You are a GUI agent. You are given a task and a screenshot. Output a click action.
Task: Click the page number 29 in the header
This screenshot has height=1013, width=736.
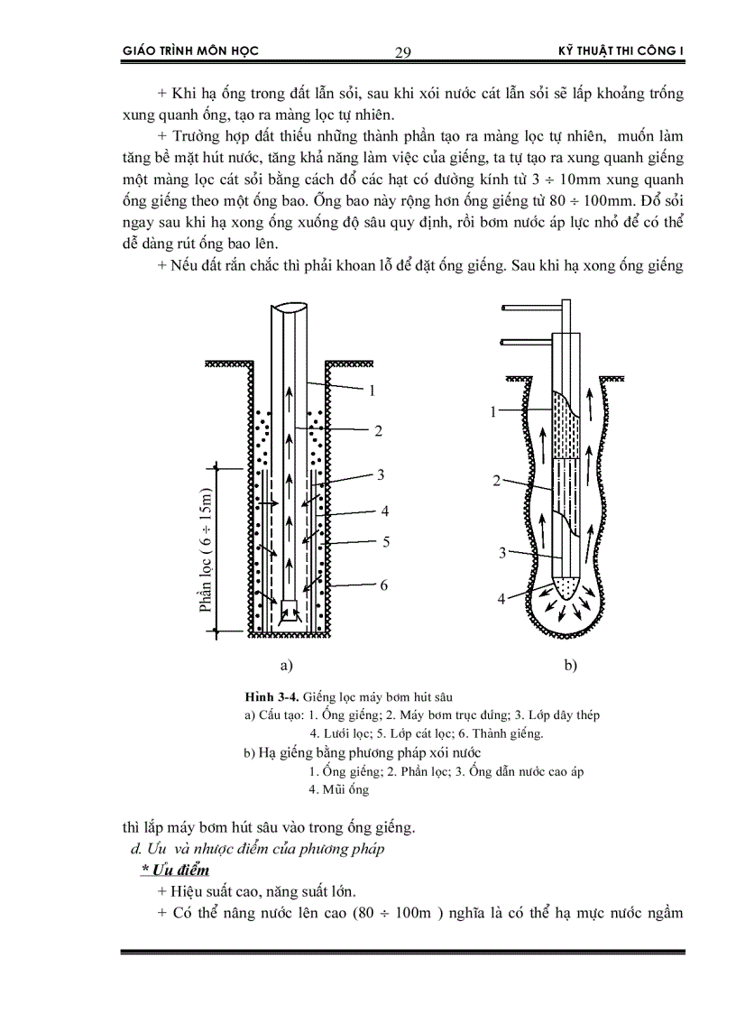403,52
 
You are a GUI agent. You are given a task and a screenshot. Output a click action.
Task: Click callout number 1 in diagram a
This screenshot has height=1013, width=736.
372,391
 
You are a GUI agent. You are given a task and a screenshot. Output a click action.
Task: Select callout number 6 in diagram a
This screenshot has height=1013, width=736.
383,585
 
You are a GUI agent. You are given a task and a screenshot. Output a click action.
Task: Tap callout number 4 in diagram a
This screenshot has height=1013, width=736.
384,511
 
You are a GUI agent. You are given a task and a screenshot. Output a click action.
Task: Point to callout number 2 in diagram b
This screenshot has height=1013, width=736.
496,482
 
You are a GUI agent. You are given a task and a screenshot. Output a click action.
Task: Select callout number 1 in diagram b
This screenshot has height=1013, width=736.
494,411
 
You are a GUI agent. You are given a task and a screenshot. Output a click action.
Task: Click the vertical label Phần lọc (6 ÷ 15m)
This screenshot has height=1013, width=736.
207,548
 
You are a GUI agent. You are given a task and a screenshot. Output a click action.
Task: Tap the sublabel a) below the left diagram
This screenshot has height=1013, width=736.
288,667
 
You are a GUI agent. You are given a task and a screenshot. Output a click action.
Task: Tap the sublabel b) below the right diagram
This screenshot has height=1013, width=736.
569,667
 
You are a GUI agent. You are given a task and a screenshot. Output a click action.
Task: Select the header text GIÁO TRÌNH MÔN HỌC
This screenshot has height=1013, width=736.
189,51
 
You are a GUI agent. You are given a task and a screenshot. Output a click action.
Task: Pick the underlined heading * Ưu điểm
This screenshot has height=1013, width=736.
175,870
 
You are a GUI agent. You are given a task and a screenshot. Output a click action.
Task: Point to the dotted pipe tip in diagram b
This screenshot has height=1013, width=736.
564,587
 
